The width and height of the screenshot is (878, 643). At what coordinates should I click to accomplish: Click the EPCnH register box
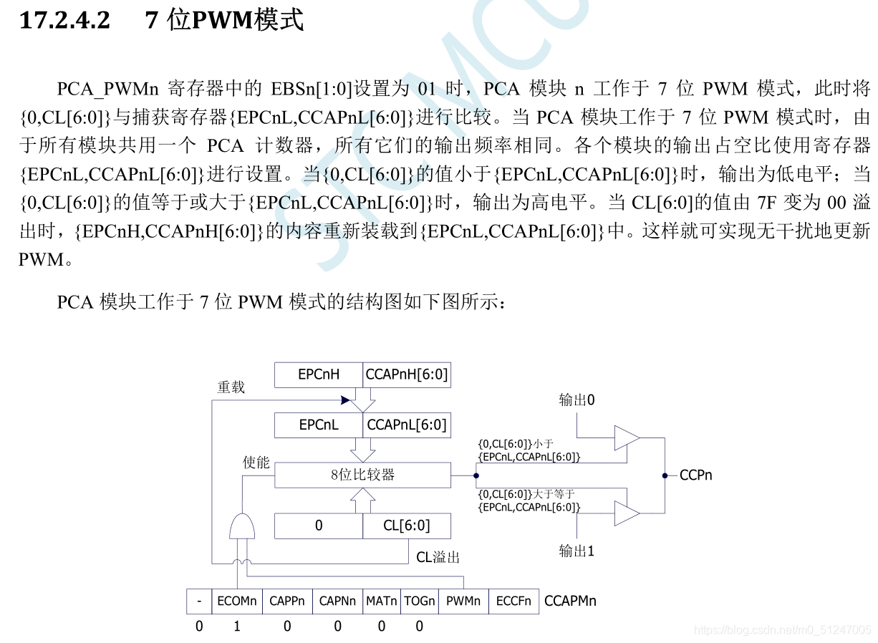tap(319, 374)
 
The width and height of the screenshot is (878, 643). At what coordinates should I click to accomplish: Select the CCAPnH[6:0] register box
tap(407, 374)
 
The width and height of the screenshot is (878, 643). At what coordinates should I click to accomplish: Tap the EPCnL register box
tap(319, 425)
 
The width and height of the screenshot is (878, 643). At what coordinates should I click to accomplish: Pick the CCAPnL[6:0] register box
tap(407, 425)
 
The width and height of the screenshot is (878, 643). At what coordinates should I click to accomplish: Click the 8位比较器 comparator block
tap(362, 475)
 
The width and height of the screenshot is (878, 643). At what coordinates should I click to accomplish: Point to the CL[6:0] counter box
tap(407, 526)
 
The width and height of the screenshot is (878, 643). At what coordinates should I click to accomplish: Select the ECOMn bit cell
tap(236, 601)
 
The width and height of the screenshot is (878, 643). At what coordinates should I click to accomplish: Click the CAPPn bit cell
tap(287, 601)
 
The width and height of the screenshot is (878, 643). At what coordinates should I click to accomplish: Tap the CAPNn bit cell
tap(337, 601)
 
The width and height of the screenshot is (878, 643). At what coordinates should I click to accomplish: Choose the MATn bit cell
tap(381, 601)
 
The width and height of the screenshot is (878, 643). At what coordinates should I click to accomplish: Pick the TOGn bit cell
tap(419, 601)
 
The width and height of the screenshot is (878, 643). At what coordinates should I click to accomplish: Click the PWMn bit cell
tap(463, 601)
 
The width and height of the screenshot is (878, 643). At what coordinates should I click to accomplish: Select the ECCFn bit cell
tap(513, 601)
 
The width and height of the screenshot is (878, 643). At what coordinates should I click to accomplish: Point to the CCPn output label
tap(695, 475)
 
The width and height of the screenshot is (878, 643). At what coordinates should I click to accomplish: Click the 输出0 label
tap(577, 400)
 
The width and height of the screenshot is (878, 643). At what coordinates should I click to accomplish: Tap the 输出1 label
tap(577, 551)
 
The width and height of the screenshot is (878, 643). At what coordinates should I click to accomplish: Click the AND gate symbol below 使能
tap(241, 526)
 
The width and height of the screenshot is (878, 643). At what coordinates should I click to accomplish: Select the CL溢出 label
tap(438, 556)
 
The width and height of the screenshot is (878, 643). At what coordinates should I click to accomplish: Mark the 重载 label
tap(231, 387)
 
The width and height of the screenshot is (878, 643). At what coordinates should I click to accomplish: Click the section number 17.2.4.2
tap(64, 21)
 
